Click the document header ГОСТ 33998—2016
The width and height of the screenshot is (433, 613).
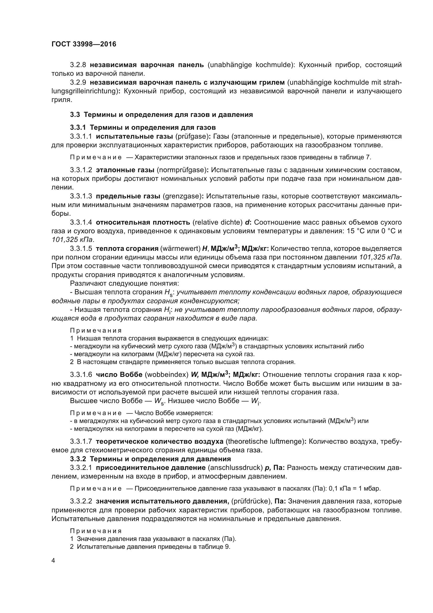point(84,44)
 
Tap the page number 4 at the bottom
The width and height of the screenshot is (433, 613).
point(53,560)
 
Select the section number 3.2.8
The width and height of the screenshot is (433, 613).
point(78,65)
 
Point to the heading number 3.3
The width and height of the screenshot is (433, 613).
point(75,115)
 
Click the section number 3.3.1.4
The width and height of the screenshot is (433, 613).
point(81,223)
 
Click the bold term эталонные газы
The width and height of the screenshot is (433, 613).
point(125,170)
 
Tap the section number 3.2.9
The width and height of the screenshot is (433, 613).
point(78,83)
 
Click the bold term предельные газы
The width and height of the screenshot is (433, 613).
point(128,196)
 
